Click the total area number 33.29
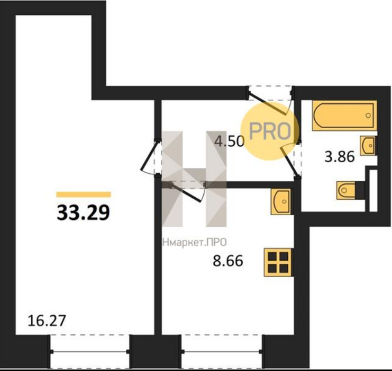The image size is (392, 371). [83, 213]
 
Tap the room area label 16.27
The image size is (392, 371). [47, 321]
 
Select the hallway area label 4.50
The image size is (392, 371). [230, 142]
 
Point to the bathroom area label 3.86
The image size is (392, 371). [340, 157]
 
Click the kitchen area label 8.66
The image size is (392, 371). [228, 261]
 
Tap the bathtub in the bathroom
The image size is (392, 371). [344, 116]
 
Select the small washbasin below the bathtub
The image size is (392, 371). [368, 146]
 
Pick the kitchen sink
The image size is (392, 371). [281, 201]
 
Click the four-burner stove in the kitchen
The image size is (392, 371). [278, 262]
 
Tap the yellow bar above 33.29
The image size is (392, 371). [84, 195]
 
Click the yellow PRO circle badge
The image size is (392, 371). [270, 131]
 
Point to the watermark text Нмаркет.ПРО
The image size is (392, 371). [195, 242]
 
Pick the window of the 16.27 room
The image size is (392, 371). [90, 352]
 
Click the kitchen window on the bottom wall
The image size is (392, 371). [222, 352]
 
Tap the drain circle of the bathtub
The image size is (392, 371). [368, 116]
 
